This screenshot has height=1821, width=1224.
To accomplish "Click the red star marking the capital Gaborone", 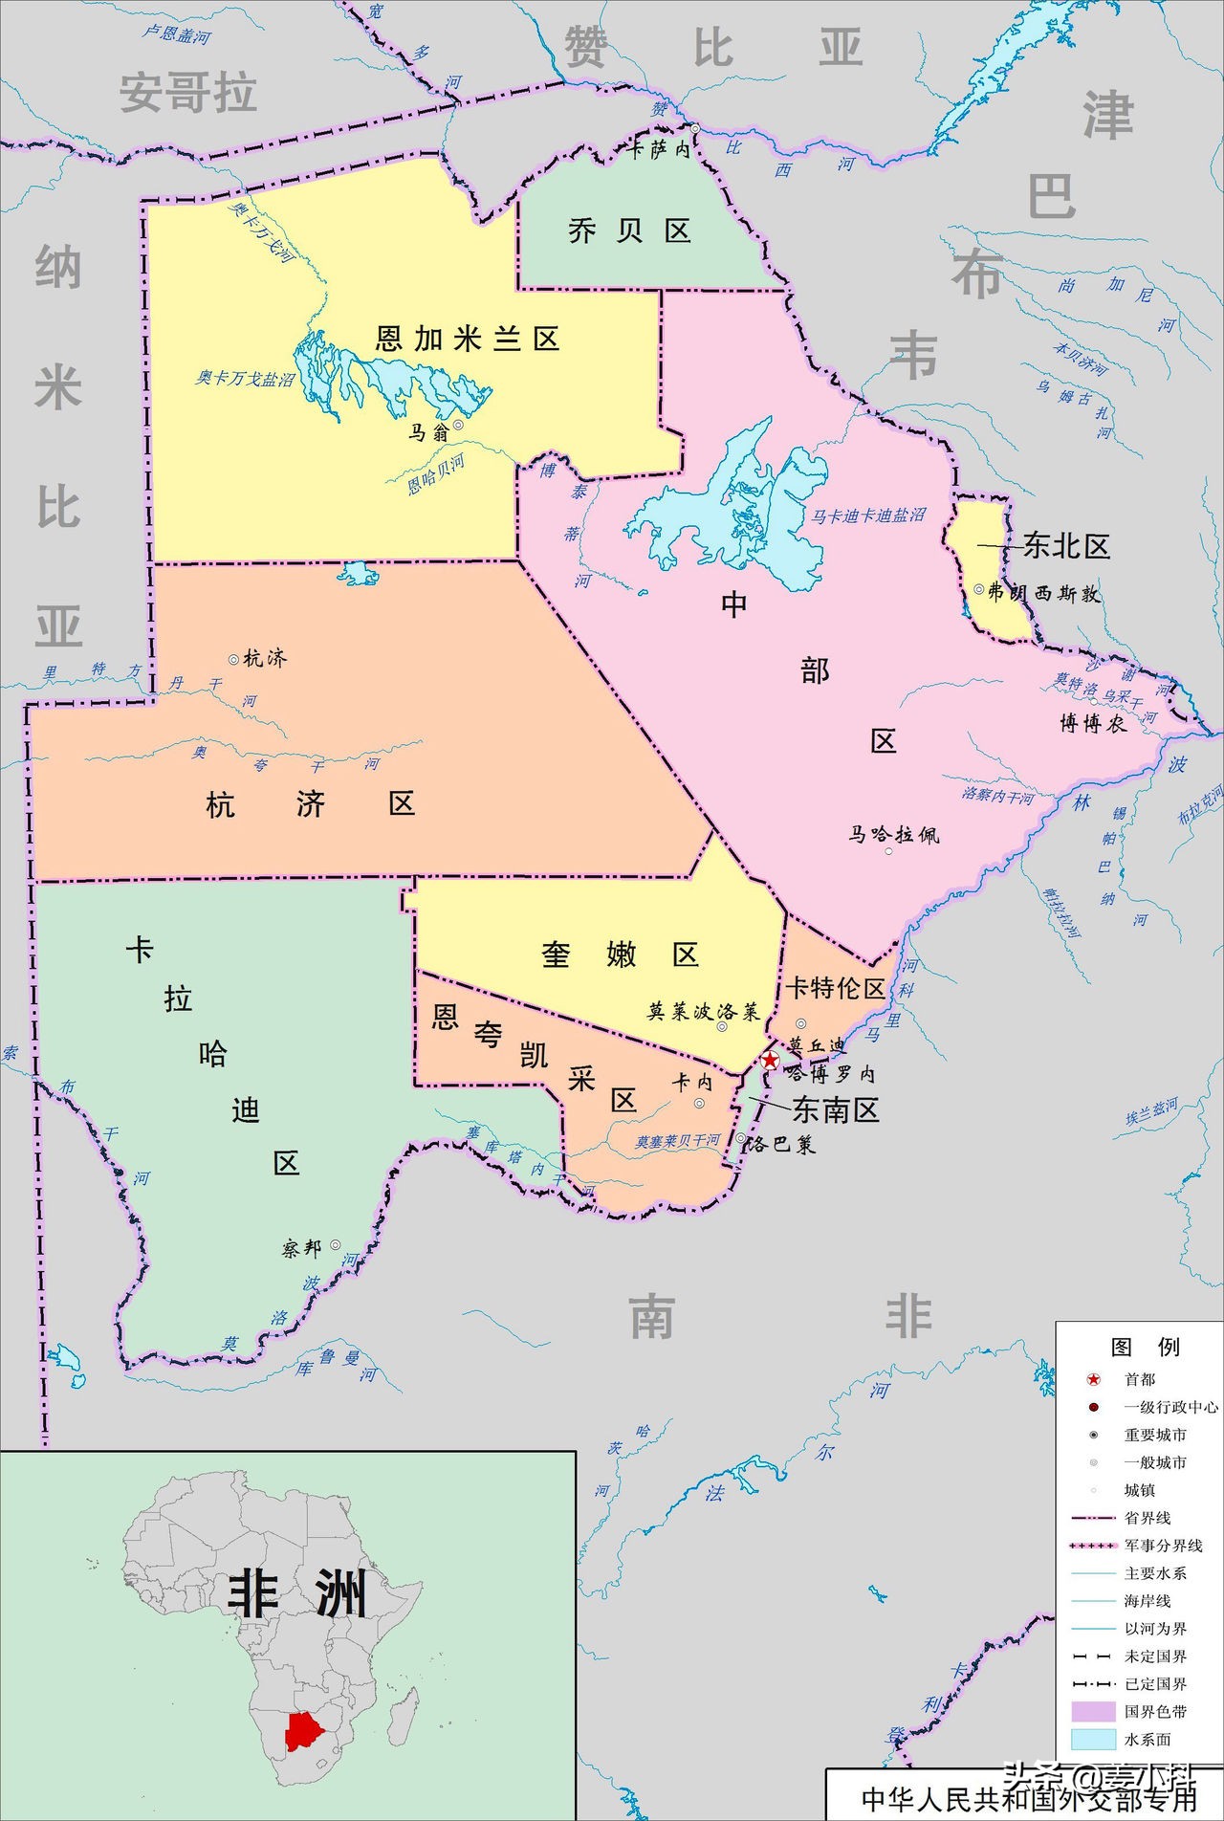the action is [x=770, y=1060].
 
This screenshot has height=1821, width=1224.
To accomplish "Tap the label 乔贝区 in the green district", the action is [x=629, y=231].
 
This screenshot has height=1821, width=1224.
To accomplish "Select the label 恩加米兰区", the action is [x=467, y=339].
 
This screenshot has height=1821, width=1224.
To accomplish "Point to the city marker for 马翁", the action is [x=458, y=425].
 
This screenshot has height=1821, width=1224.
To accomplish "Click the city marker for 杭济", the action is [x=233, y=659].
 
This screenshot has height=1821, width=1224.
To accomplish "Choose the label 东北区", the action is [x=1066, y=546].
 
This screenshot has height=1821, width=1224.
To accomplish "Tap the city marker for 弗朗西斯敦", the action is [x=979, y=589].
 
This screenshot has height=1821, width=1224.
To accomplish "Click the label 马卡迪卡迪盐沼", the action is [x=868, y=516].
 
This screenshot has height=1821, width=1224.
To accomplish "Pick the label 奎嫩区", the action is [x=620, y=954].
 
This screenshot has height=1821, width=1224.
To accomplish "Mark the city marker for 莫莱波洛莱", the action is [x=722, y=1026].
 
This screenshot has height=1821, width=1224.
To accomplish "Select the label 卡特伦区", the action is [x=836, y=988].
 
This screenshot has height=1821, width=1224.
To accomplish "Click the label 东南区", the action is [x=835, y=1109].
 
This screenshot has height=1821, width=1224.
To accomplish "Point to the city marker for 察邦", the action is [x=336, y=1244].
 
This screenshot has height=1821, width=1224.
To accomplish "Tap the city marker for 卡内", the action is [x=699, y=1103].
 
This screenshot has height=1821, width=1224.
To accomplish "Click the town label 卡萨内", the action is [x=659, y=149].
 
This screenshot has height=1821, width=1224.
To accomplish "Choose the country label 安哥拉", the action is [x=187, y=94].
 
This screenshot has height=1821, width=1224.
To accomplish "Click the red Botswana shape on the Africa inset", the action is [x=304, y=1731].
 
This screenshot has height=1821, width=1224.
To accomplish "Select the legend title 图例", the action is [x=1145, y=1347].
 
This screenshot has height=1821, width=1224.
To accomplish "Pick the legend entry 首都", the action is [x=1140, y=1379].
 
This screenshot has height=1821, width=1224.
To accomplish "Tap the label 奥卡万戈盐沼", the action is [x=245, y=379].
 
